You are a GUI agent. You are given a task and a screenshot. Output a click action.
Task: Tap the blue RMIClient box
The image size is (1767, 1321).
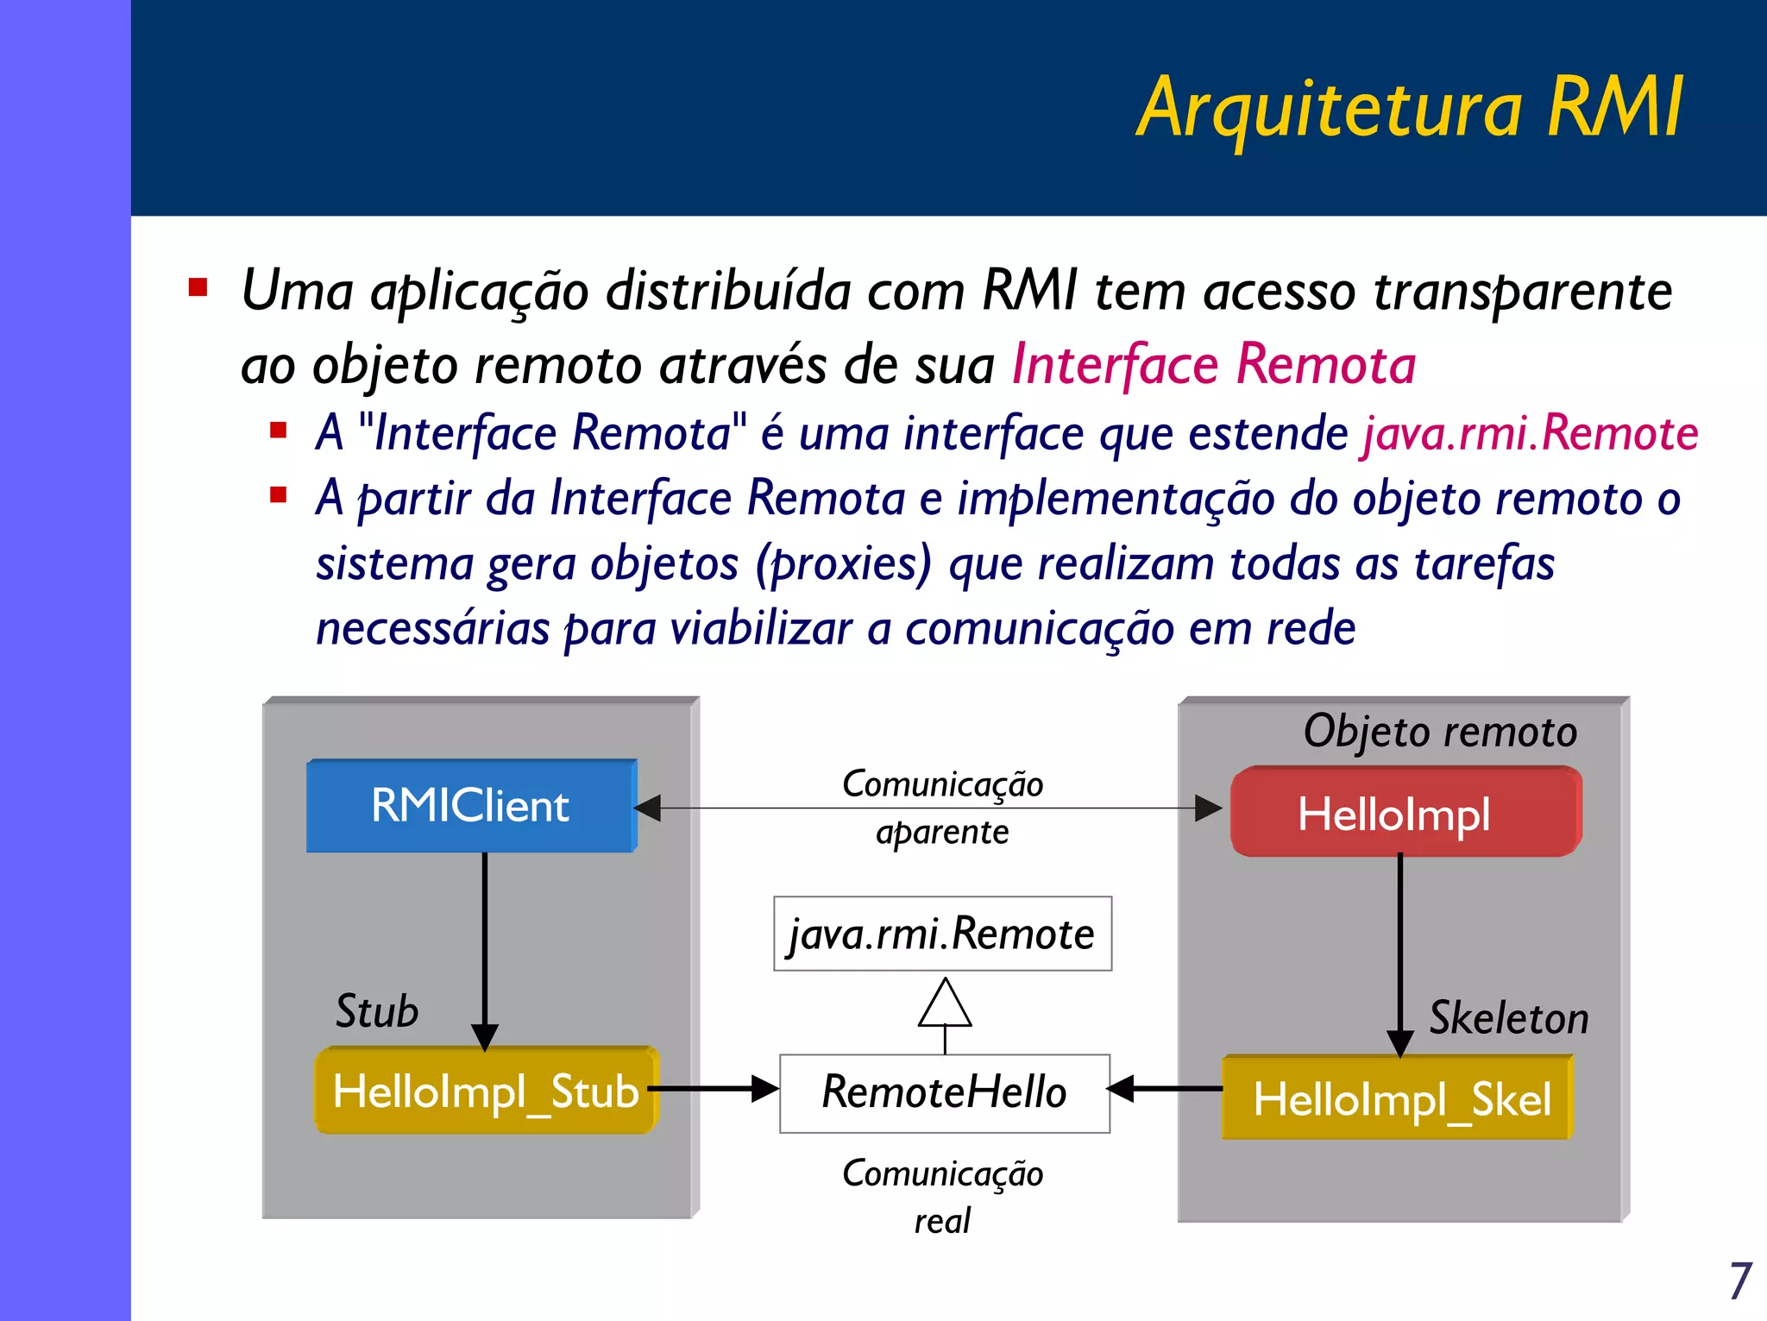click(471, 806)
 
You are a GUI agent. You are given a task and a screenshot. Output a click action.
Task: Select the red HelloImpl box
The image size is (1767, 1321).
click(1404, 812)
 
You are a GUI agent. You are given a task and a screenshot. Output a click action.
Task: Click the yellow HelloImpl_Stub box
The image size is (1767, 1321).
click(486, 1091)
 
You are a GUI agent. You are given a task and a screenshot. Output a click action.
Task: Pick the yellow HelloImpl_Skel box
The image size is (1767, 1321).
click(1398, 1098)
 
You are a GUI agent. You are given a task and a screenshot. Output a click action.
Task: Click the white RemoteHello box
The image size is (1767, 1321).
click(944, 1092)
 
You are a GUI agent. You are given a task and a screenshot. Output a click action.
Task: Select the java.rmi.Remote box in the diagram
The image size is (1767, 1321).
click(942, 934)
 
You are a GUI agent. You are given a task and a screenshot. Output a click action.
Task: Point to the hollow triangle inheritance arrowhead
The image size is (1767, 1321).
click(945, 1004)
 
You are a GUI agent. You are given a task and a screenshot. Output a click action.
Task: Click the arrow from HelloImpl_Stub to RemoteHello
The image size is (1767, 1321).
click(714, 1089)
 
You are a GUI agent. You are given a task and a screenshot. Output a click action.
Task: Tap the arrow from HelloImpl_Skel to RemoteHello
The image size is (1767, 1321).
click(1165, 1089)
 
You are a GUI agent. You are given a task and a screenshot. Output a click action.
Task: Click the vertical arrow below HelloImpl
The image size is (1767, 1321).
click(1399, 949)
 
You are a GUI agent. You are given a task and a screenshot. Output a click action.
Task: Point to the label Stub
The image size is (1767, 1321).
click(377, 1011)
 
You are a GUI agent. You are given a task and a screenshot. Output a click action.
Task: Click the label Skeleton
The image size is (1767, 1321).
click(1508, 1018)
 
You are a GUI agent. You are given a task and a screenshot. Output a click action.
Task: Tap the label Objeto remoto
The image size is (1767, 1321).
click(1440, 732)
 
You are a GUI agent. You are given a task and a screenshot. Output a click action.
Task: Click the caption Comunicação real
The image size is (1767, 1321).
click(942, 1197)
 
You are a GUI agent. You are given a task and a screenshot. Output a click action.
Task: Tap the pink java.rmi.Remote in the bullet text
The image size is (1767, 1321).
click(1530, 433)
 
